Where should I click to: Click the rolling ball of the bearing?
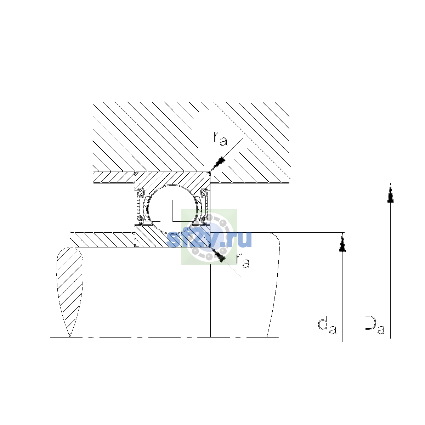click(x=173, y=209)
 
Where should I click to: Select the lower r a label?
click(x=243, y=261)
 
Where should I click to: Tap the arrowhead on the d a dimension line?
click(x=342, y=242)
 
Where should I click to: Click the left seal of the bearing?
click(x=140, y=206)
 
